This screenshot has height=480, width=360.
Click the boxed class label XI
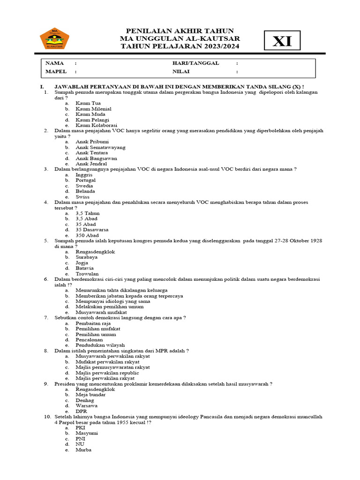(282, 42)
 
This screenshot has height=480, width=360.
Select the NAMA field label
(54, 63)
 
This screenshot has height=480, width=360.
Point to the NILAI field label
(182, 72)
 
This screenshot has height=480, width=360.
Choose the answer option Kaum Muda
(90, 114)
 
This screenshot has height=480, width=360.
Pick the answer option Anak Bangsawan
(96, 158)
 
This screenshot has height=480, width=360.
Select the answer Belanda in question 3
(85, 191)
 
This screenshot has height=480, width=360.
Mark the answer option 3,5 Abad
(87, 219)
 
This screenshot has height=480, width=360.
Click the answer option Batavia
(85, 268)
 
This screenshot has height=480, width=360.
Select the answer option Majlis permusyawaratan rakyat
(112, 367)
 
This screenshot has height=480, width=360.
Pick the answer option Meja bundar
(90, 395)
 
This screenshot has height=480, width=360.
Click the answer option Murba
(83, 450)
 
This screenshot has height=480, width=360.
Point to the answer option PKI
(81, 428)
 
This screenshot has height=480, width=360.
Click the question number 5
(46, 241)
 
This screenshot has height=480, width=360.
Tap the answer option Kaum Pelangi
(92, 120)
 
